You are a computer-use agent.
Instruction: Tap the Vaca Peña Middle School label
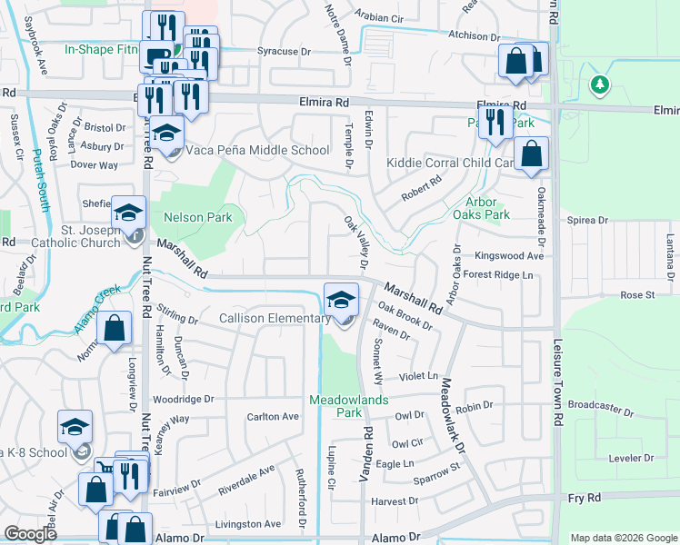tap(257, 150)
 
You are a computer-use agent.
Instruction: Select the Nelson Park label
tap(197, 217)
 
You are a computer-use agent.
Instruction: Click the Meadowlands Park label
tap(349, 405)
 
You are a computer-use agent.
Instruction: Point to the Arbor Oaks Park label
tap(482, 208)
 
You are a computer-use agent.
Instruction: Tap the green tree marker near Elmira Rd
tap(598, 85)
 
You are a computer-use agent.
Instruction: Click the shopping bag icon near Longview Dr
tap(114, 330)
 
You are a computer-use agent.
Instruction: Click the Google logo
tap(30, 534)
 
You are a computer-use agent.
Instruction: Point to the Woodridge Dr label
tap(183, 399)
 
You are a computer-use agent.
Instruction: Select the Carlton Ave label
tap(273, 416)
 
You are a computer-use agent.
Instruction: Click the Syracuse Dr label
tap(284, 52)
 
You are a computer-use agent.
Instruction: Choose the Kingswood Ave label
tap(515, 256)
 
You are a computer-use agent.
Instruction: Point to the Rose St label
tap(637, 295)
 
